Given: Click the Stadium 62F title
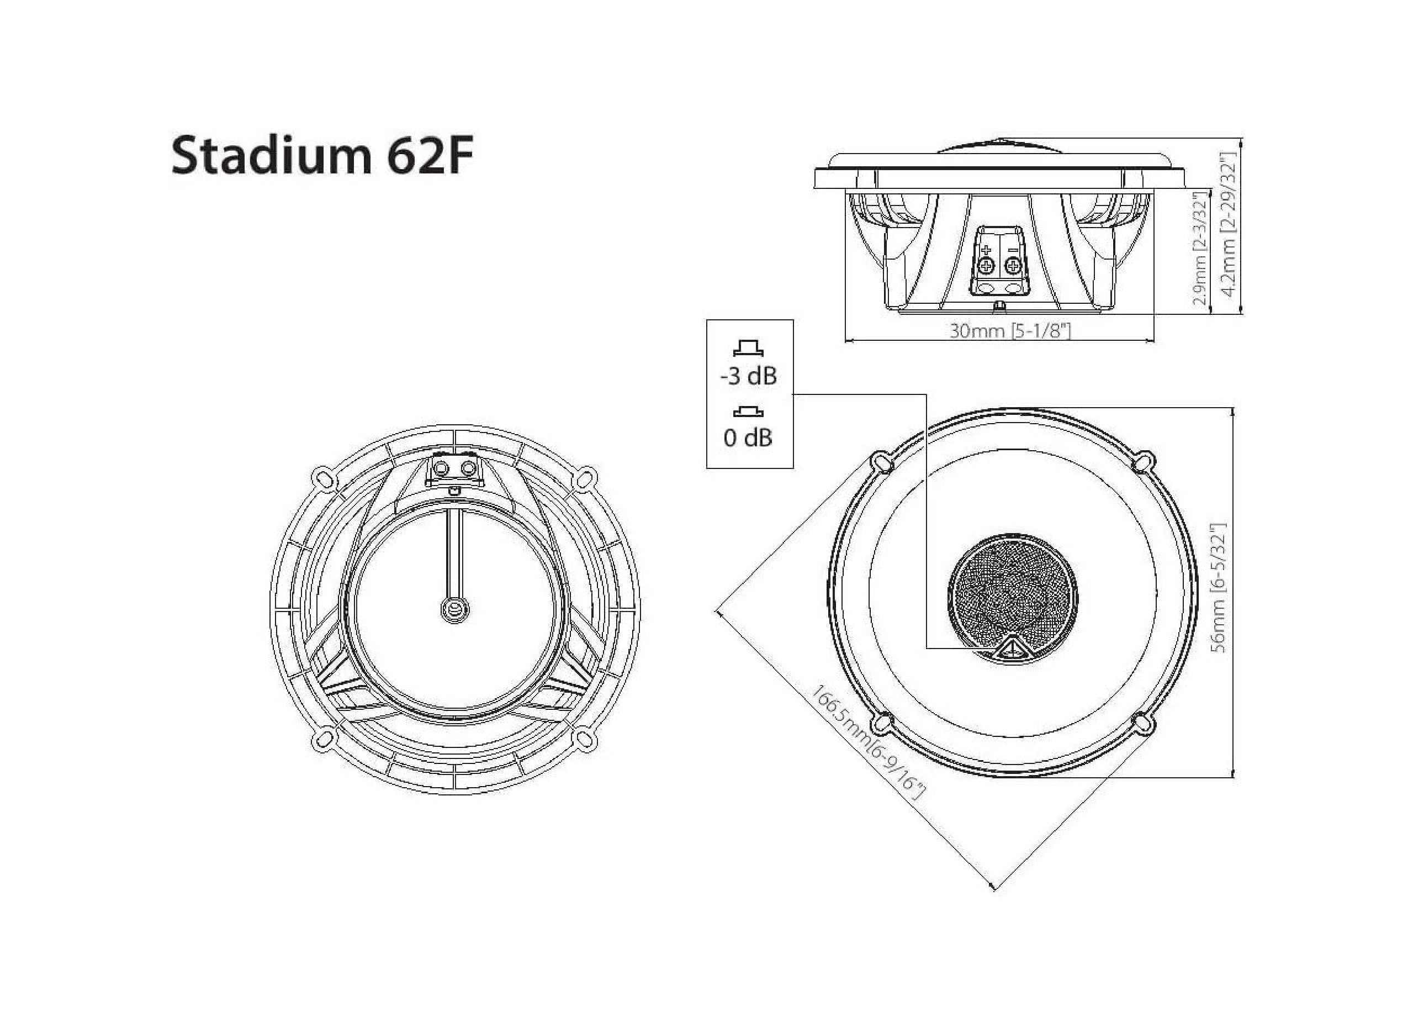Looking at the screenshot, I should coord(322,156).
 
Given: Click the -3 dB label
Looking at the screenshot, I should coord(748,376).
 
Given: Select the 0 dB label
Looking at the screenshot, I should coord(748,438).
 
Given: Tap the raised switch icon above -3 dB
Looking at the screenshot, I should coord(748,349).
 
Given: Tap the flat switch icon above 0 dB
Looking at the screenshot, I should coord(748,412).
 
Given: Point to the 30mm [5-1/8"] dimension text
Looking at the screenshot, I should coord(1010,330).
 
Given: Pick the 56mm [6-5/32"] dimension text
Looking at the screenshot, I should coord(1219,588).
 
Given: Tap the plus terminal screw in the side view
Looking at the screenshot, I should coord(987,267).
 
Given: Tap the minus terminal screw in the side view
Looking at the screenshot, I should coord(1013,267).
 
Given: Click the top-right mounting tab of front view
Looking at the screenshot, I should coord(1142,461).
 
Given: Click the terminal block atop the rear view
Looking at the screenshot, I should coord(455,470).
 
